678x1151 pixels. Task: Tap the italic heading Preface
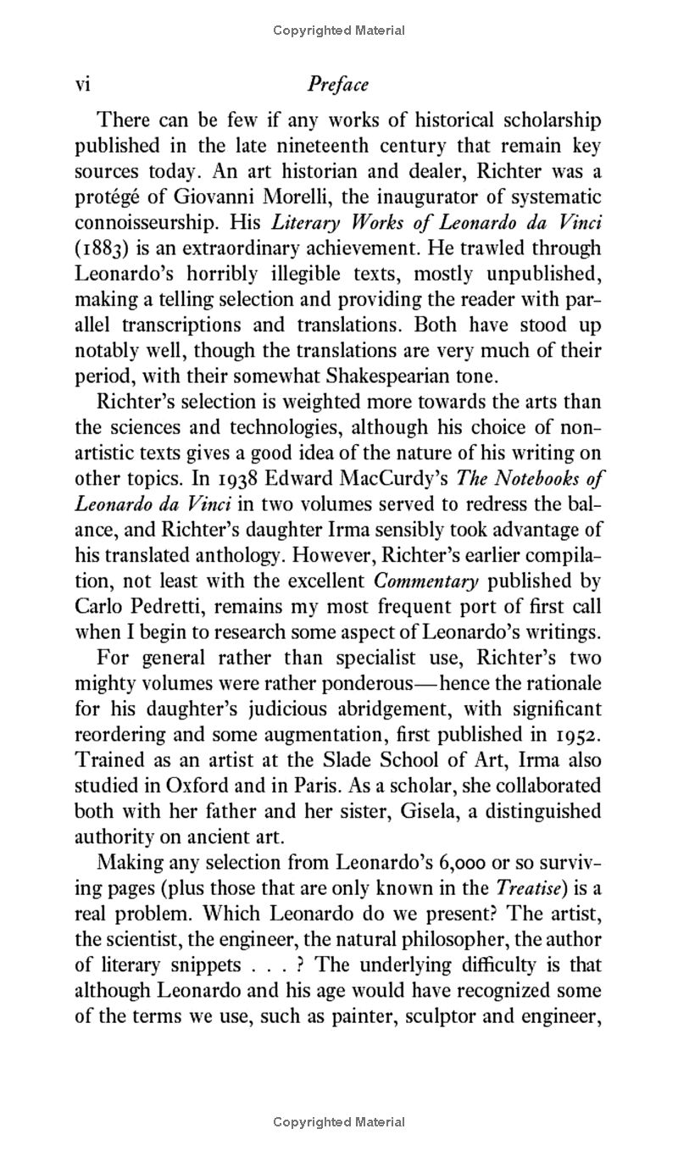(338, 84)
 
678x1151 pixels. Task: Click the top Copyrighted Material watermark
(339, 31)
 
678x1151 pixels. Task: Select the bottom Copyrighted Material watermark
(339, 1122)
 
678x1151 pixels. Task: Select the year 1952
(578, 733)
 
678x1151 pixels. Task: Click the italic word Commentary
(426, 581)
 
